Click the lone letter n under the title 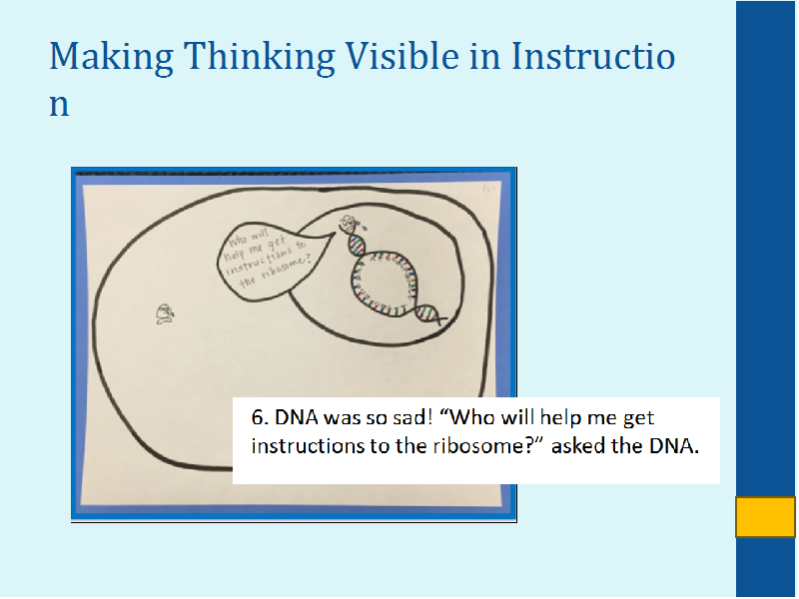(59, 105)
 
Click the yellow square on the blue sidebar (765, 517)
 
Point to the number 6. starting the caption (260, 417)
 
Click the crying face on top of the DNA (349, 224)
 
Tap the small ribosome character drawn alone (165, 313)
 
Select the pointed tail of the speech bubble (332, 235)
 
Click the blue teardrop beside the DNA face (363, 225)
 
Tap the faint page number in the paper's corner (487, 190)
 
